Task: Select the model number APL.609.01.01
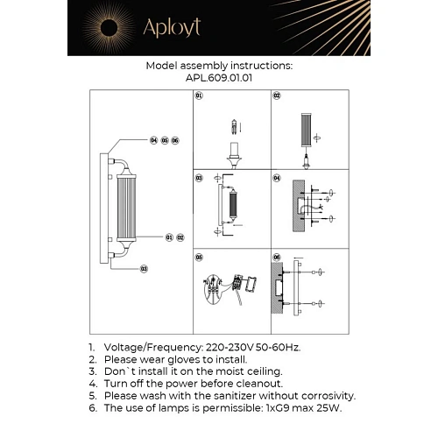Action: pyautogui.click(x=218, y=77)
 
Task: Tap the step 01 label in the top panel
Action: pyautogui.click(x=199, y=95)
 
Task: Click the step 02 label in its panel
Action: pyautogui.click(x=277, y=95)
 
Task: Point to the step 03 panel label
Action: pyautogui.click(x=199, y=178)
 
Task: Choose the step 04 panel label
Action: pyautogui.click(x=277, y=178)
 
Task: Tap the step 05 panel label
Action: pyautogui.click(x=199, y=258)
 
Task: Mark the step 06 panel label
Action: pyautogui.click(x=277, y=258)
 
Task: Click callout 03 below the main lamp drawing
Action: pyautogui.click(x=143, y=268)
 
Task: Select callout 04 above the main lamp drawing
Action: pyautogui.click(x=153, y=140)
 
